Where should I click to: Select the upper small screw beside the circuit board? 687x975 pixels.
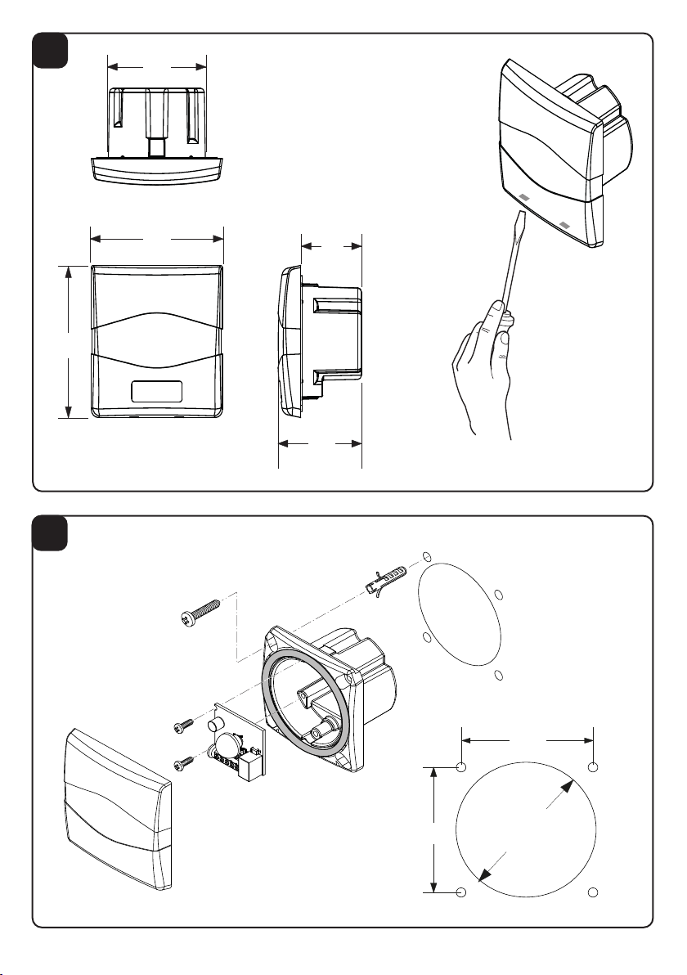(x=182, y=726)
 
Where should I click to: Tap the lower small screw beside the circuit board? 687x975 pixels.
(x=183, y=762)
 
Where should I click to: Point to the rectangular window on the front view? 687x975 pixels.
(x=156, y=391)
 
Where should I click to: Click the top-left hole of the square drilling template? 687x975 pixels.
(x=461, y=767)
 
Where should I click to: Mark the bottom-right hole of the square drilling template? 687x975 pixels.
(x=595, y=892)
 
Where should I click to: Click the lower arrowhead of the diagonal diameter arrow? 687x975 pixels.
(x=484, y=874)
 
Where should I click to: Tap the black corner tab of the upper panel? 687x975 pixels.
(x=55, y=52)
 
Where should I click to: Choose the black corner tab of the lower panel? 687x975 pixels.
(x=55, y=533)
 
